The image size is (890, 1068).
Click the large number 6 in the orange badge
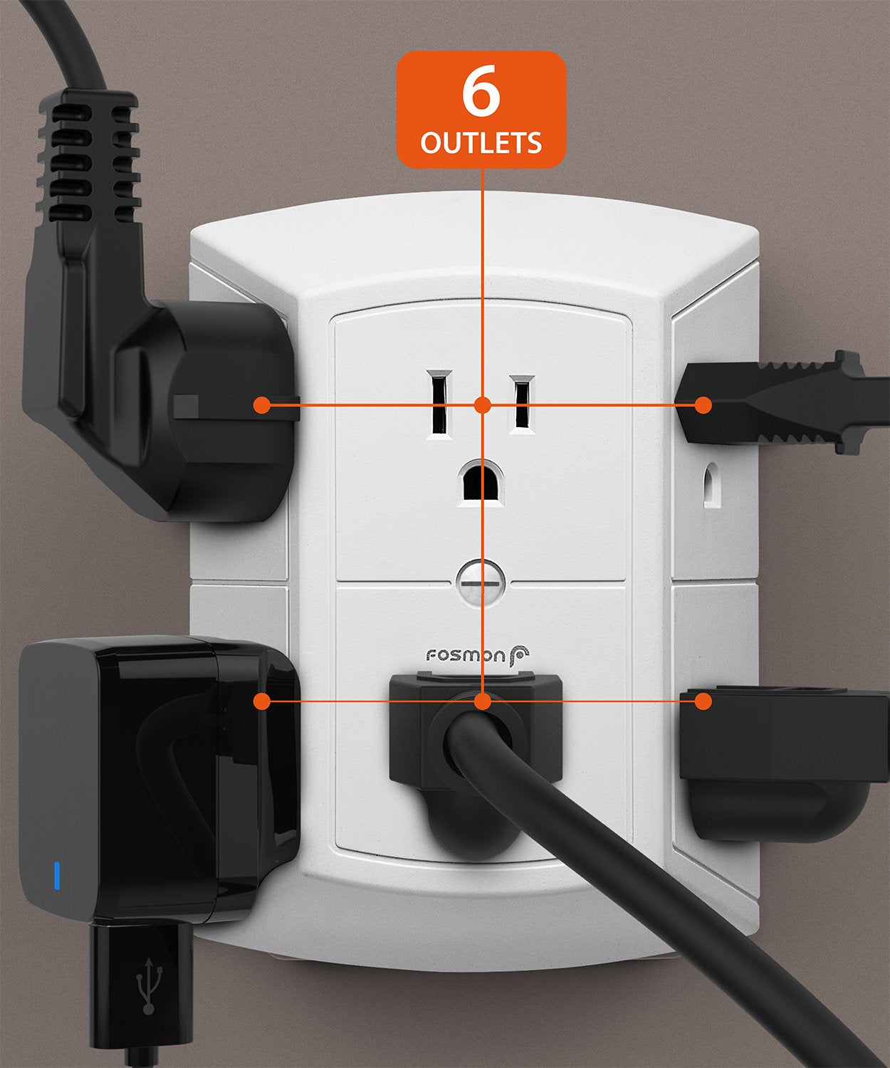click(481, 93)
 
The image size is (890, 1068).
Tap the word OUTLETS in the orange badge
click(481, 142)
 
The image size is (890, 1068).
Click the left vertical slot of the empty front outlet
click(439, 402)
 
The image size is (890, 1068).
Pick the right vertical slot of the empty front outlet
click(522, 404)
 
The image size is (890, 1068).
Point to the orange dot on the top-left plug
click(262, 405)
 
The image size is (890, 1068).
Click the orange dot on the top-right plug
click(703, 405)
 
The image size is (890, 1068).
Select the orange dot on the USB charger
click(262, 701)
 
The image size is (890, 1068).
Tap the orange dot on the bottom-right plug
click(703, 701)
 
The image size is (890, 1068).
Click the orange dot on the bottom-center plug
click(483, 701)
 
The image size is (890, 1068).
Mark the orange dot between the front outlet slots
click(483, 405)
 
